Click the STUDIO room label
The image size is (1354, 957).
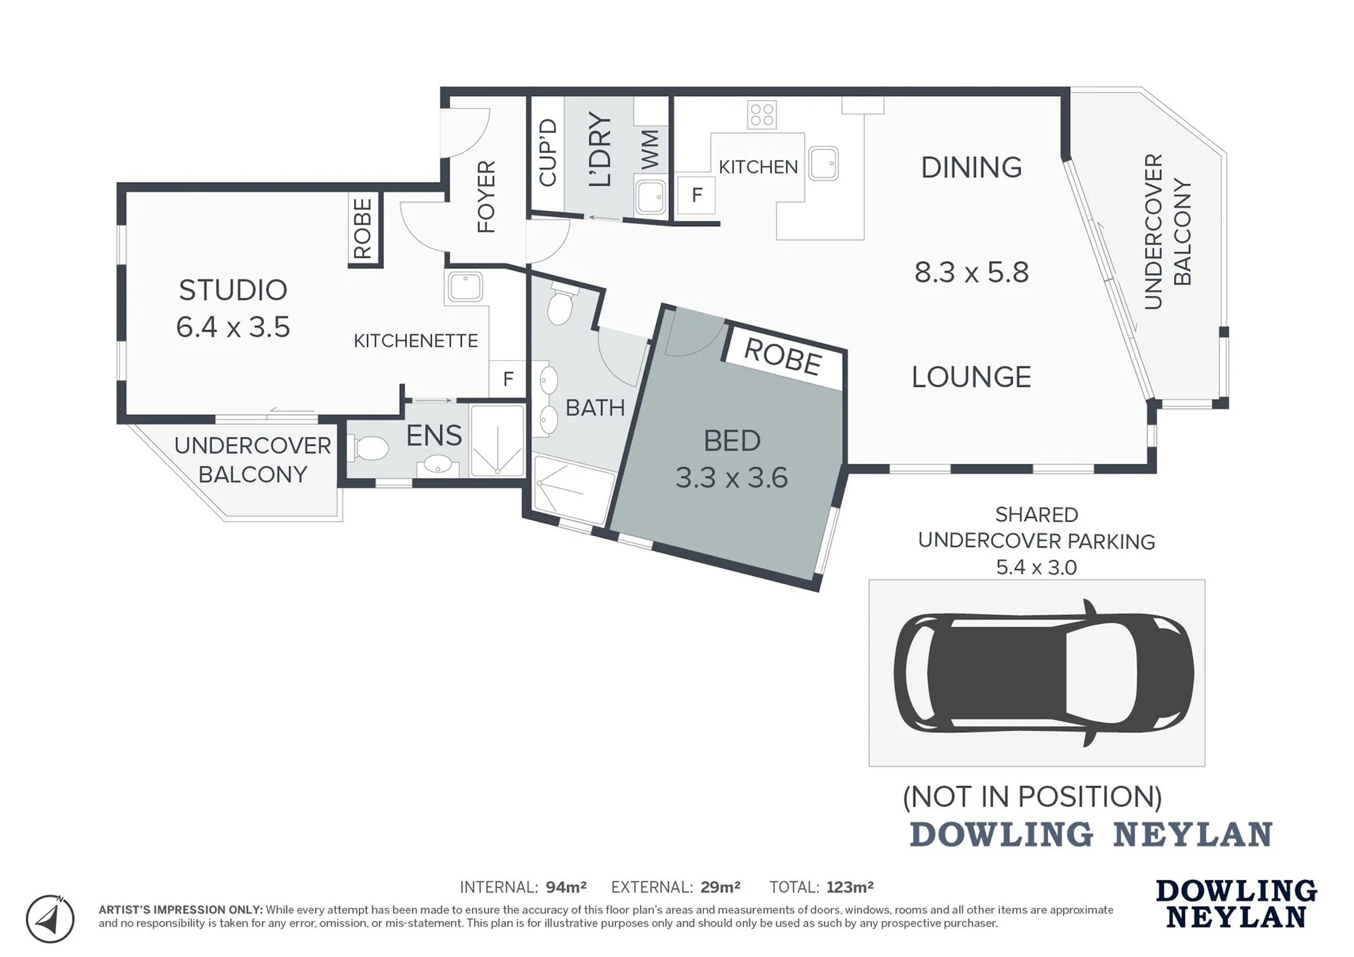[233, 290]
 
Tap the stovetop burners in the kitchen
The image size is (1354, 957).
[762, 114]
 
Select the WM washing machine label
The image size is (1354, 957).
[650, 149]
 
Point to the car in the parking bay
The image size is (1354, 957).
[1043, 673]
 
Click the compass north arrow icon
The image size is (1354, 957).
[49, 918]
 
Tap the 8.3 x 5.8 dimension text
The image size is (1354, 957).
[971, 272]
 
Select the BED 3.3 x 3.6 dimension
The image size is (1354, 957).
[732, 478]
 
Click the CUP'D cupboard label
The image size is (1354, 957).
[547, 153]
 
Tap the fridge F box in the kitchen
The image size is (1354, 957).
[696, 195]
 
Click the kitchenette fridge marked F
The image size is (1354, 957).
[508, 379]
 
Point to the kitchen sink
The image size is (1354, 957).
[823, 163]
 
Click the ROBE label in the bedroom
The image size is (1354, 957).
[783, 357]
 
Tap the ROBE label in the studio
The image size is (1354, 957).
[363, 228]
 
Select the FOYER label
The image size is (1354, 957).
[486, 197]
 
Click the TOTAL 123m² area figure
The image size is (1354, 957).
[821, 887]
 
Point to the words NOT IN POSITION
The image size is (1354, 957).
[1032, 797]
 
